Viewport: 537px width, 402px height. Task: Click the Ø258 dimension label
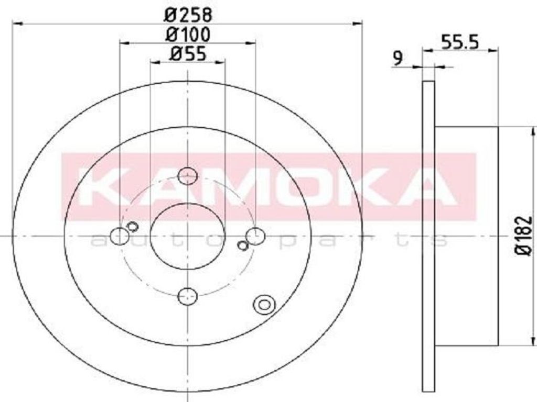(x=188, y=15)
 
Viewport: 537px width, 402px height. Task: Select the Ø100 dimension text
(x=188, y=35)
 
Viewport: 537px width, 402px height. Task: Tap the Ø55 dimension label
(x=188, y=54)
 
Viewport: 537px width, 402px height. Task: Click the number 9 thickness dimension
(x=398, y=59)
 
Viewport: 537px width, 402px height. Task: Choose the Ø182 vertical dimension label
(x=524, y=236)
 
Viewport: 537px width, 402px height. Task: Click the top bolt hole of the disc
(x=187, y=176)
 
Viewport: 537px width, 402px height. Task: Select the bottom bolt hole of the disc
(x=187, y=296)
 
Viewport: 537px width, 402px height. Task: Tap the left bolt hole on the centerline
(x=120, y=236)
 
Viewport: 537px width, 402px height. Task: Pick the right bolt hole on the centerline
(x=255, y=236)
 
